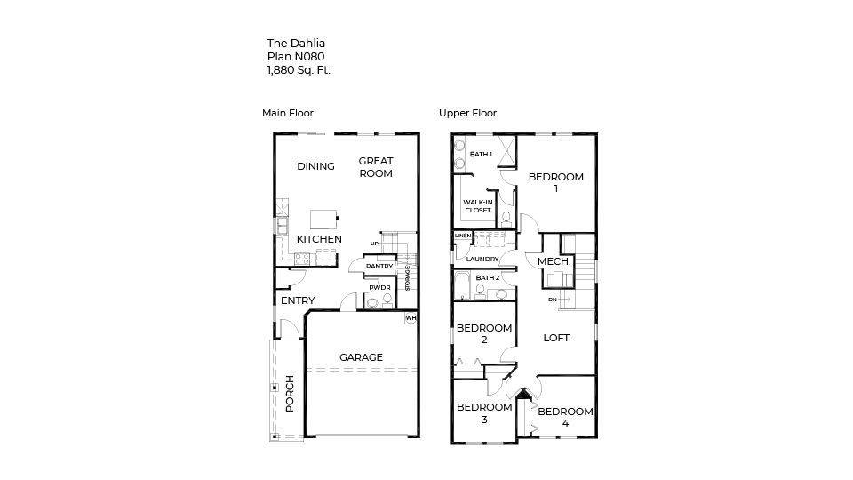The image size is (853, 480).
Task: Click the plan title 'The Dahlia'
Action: click(290, 42)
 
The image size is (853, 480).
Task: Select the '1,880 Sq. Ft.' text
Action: click(299, 70)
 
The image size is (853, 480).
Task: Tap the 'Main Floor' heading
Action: click(287, 113)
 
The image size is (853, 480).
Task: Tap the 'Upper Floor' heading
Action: click(467, 113)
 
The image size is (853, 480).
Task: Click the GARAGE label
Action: click(361, 357)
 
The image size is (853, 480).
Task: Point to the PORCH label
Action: click(290, 394)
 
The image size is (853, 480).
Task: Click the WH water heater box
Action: click(411, 317)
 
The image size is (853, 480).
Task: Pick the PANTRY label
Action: click(379, 266)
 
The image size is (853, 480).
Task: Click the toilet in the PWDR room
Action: click(372, 303)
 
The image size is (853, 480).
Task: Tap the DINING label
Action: click(315, 166)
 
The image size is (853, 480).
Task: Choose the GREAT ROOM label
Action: click(376, 167)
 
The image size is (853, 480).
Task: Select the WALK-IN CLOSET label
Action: click(477, 206)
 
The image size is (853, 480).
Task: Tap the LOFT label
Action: click(556, 338)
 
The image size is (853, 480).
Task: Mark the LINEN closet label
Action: click(462, 236)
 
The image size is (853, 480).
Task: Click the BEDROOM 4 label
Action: click(565, 417)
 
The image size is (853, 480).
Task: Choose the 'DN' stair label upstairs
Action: click(552, 300)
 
